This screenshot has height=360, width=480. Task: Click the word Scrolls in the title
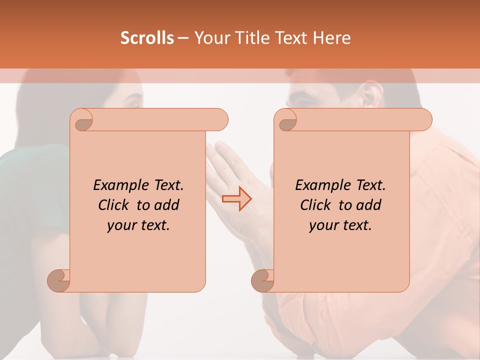[x=147, y=38]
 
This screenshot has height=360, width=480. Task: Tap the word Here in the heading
[x=332, y=38]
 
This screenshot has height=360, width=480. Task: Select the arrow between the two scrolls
[x=236, y=199]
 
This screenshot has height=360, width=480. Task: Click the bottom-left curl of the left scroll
[x=59, y=280]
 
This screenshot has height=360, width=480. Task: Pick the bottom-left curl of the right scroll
[x=263, y=280]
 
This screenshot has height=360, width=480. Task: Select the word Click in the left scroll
[x=114, y=205]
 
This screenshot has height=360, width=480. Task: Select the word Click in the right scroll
[x=316, y=205]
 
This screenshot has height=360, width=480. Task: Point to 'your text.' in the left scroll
[x=138, y=225]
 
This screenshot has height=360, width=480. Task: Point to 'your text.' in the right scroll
[x=340, y=225]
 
